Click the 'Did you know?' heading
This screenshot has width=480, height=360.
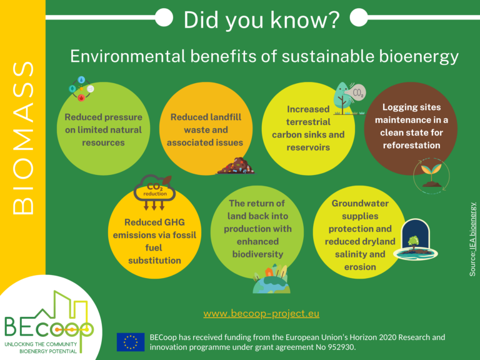tap(261, 20)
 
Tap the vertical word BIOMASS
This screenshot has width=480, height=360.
tap(23, 137)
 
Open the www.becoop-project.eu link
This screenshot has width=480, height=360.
tap(261, 314)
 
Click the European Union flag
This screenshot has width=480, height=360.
tap(131, 342)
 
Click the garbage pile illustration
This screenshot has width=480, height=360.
tap(236, 166)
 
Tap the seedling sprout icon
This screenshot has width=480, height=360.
tap(431, 176)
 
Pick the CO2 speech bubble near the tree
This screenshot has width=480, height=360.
tap(357, 92)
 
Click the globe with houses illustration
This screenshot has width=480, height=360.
tap(271, 279)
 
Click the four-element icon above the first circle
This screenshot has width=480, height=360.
tap(81, 89)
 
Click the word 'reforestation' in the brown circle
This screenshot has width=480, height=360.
tap(411, 145)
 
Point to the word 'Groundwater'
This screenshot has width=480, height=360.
tap(360, 203)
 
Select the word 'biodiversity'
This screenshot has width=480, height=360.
tap(257, 254)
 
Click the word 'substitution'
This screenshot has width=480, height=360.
tap(154, 261)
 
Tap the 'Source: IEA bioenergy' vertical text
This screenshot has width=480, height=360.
tap(472, 239)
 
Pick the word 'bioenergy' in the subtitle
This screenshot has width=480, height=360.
tap(419, 57)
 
